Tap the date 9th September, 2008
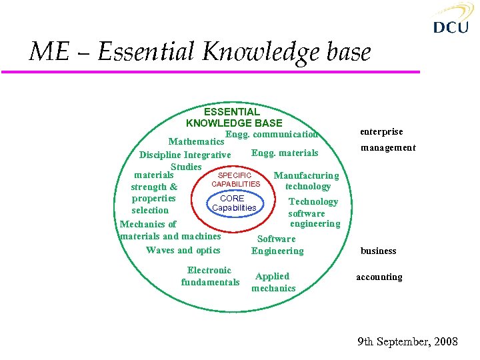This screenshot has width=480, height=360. (407, 342)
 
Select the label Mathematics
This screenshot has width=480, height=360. (196, 141)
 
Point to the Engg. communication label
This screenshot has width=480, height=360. (271, 134)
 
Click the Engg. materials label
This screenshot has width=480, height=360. (285, 153)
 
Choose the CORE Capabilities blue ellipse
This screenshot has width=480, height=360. (232, 203)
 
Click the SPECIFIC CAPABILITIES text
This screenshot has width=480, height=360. (235, 179)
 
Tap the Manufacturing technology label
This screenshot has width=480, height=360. (307, 181)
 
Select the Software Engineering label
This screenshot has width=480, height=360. (277, 245)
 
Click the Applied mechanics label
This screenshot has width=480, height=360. (273, 282)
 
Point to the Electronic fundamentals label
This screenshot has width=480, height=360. (209, 276)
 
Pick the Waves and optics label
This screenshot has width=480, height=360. (183, 250)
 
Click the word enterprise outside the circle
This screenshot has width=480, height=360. (381, 131)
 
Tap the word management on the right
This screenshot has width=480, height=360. (388, 147)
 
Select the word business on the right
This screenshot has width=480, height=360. (378, 251)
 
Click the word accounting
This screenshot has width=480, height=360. (379, 277)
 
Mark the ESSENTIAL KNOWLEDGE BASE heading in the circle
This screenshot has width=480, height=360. (233, 117)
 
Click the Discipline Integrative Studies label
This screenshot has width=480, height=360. (185, 160)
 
